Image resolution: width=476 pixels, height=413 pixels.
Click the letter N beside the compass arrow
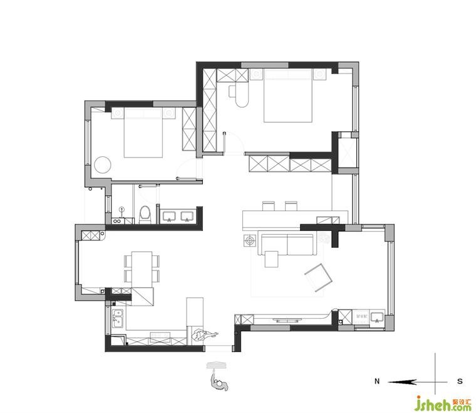(377, 381)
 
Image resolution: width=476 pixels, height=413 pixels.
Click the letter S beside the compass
(460, 381)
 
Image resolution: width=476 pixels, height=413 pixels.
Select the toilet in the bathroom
(145, 215)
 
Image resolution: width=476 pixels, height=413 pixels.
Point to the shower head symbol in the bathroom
(122, 209)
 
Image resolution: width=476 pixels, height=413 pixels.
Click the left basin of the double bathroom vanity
(168, 216)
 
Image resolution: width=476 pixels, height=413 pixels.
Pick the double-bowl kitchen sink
(118, 318)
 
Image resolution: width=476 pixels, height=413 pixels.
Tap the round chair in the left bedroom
(103, 165)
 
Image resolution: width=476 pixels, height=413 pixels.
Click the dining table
(142, 270)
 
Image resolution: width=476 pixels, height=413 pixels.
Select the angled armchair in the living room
(318, 277)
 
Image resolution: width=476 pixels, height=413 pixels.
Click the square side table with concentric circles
(250, 241)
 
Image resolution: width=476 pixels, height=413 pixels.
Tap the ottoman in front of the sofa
(271, 259)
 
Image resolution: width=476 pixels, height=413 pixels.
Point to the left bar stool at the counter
(268, 206)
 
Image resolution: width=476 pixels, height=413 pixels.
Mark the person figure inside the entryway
(204, 335)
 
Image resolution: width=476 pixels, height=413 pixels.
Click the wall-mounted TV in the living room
(287, 319)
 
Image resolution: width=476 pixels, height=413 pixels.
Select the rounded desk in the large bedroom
(239, 96)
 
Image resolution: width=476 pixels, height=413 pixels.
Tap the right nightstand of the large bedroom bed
(319, 75)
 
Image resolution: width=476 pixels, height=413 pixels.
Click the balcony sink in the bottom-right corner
(377, 318)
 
